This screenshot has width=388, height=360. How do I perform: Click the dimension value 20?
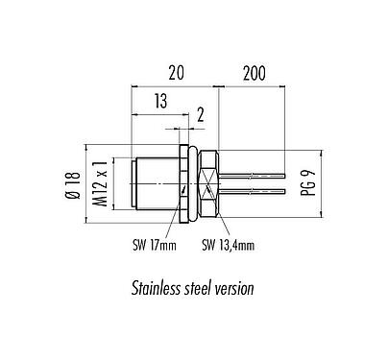tap(177, 73)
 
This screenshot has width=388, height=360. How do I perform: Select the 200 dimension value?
tap(255, 73)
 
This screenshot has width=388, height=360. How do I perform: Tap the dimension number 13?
tap(161, 101)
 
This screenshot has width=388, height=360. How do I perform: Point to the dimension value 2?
tap(201, 115)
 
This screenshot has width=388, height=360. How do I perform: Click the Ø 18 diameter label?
tap(73, 185)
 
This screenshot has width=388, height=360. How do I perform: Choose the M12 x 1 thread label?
tap(102, 183)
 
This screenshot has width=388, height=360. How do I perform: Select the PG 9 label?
tap(308, 182)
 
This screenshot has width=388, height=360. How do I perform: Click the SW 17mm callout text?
tap(155, 246)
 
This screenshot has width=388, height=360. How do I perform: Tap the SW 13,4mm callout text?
tap(229, 246)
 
